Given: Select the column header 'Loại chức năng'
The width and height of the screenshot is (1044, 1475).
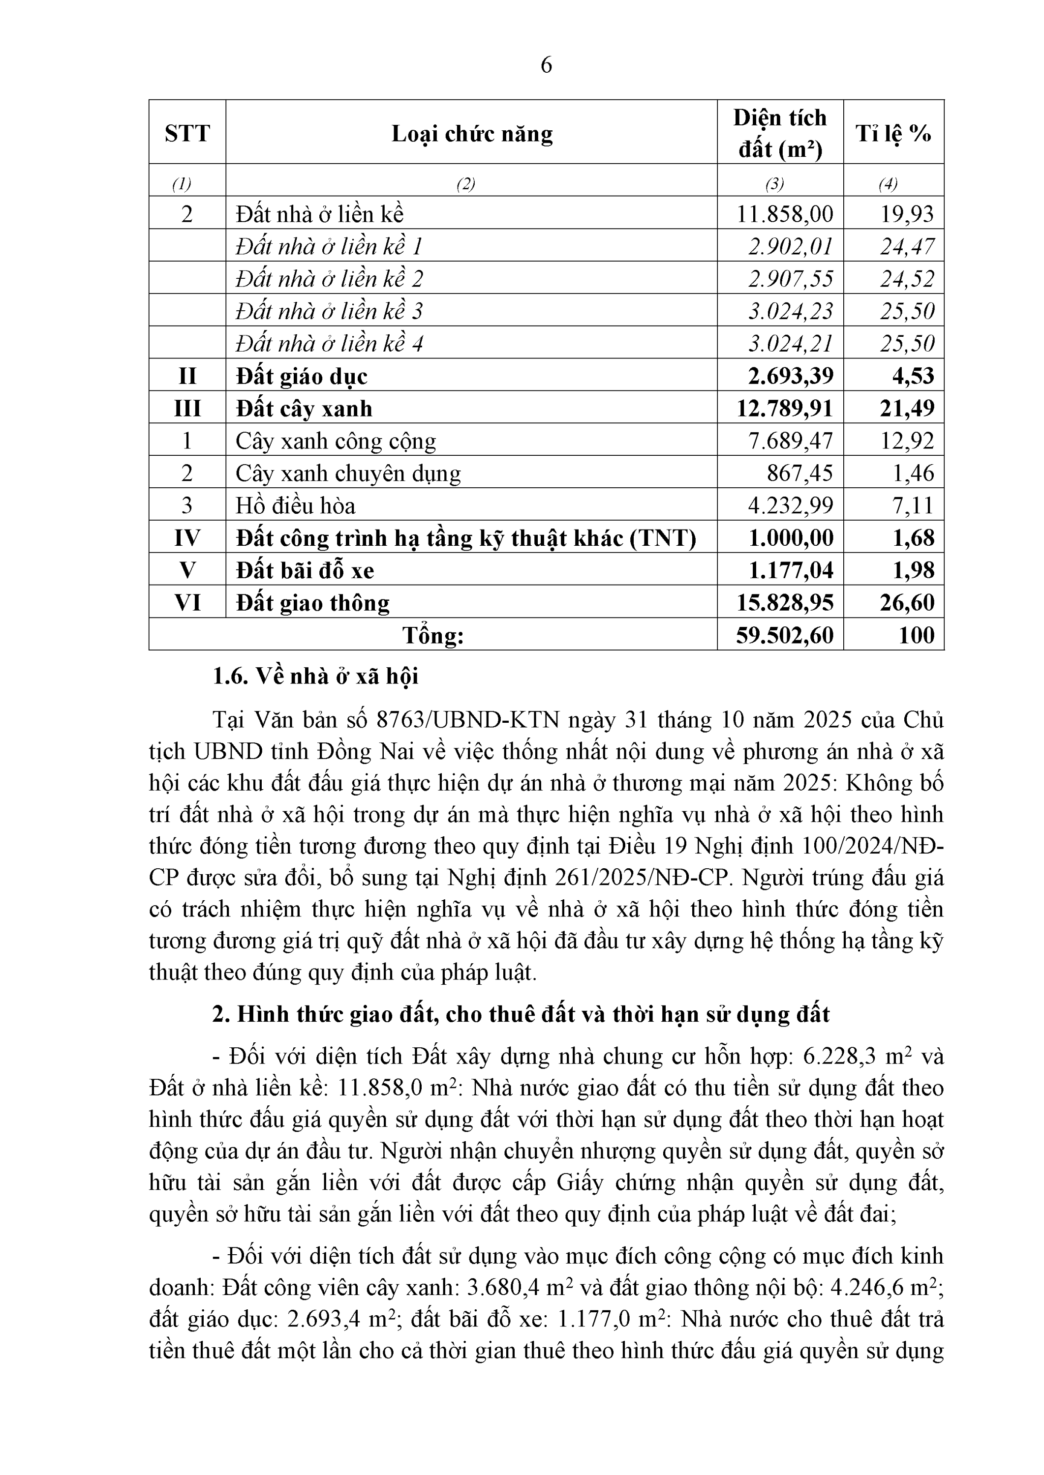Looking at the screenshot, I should click(x=472, y=134).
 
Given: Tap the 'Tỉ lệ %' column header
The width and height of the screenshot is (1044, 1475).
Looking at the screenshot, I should click(x=893, y=134).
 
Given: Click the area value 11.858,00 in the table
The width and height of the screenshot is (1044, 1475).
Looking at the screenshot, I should click(x=784, y=214).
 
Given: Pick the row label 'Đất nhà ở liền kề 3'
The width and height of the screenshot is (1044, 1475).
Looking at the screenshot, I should click(x=329, y=311).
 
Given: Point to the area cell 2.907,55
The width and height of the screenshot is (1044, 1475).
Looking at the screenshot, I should click(x=790, y=279).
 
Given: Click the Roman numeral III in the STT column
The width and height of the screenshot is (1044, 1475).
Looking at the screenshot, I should click(x=187, y=409).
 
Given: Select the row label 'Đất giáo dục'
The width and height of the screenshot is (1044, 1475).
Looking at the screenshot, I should click(x=302, y=377).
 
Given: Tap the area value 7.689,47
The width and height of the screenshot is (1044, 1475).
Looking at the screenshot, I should click(x=790, y=441).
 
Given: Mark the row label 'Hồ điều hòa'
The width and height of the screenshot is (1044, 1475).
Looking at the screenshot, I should click(x=295, y=505).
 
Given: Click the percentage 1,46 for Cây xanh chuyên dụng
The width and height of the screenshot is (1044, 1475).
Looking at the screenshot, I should click(x=913, y=473).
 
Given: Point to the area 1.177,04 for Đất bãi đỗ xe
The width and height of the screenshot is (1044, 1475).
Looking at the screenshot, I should click(x=791, y=570).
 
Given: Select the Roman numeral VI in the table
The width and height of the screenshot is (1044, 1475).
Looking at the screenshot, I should click(x=187, y=603).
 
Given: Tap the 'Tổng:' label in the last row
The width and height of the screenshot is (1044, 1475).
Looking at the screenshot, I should click(x=432, y=635).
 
